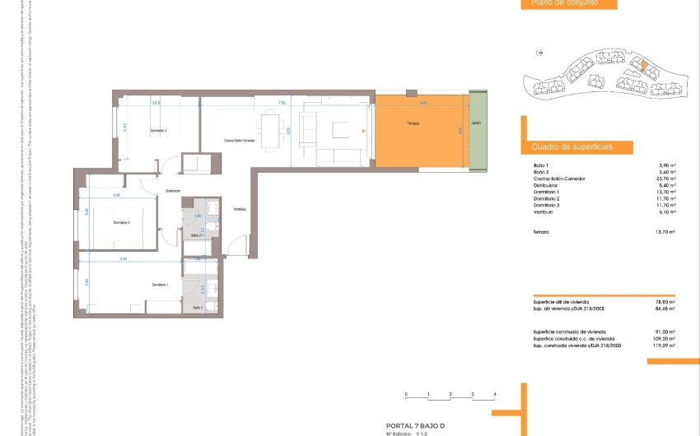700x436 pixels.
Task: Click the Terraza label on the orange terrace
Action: [x=413, y=124]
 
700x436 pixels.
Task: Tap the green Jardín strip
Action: [x=477, y=124]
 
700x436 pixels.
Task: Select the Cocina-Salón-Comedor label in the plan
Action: [x=240, y=141]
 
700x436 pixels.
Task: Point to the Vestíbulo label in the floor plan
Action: [x=240, y=209]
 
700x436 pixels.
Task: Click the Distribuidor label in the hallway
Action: [x=173, y=191]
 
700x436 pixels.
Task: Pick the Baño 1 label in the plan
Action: [x=198, y=308]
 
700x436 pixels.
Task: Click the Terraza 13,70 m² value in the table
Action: [x=666, y=233]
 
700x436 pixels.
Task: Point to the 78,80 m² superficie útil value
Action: [x=666, y=302]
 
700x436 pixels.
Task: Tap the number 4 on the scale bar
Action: [x=495, y=395]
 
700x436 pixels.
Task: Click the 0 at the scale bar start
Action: [x=406, y=395]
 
